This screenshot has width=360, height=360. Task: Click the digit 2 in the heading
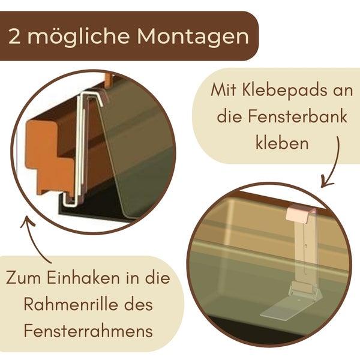tap(16, 37)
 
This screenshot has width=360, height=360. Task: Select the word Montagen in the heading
tap(193, 37)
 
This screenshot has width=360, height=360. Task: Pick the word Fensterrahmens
tap(87, 331)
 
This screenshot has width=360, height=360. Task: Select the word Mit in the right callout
tap(225, 91)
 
